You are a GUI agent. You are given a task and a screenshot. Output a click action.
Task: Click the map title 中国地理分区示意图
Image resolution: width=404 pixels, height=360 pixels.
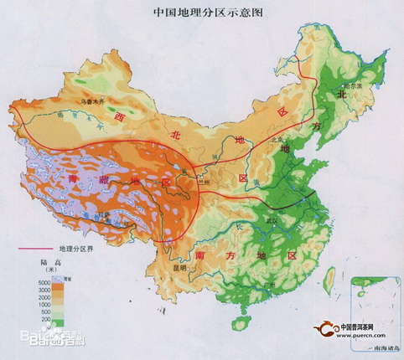pyautogui.click(x=202, y=13)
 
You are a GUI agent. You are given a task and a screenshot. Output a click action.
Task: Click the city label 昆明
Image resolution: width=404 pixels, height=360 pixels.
pyautogui.click(x=177, y=268)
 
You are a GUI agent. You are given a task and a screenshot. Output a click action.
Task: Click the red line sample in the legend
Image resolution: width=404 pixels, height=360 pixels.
pyautogui.click(x=34, y=249)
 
